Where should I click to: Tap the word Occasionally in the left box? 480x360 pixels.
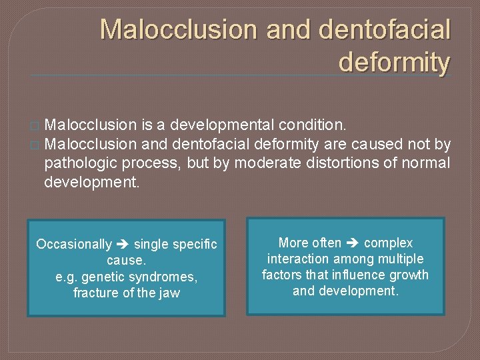click(74, 244)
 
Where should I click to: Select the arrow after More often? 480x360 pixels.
click(353, 243)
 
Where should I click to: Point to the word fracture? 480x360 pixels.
click(94, 293)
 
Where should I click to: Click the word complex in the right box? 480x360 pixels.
click(388, 243)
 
